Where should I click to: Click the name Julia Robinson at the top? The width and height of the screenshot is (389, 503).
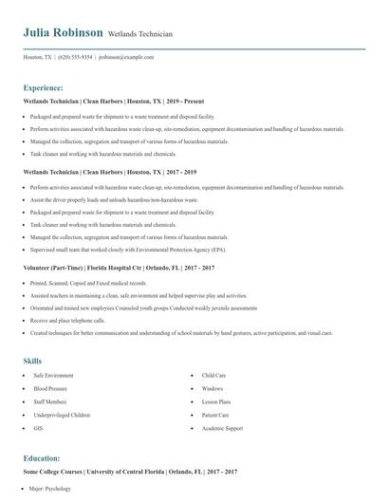[63, 32]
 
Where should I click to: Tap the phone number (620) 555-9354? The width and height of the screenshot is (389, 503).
[75, 57]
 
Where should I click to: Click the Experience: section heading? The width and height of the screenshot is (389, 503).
[43, 87]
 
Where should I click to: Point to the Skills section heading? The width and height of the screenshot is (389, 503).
[32, 361]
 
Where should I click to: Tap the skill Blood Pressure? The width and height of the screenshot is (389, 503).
[51, 388]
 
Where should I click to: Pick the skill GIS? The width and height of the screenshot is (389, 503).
[38, 428]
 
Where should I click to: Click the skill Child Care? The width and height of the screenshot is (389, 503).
[213, 376]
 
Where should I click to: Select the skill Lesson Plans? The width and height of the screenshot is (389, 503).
[217, 401]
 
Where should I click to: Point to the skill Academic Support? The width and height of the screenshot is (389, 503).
[222, 428]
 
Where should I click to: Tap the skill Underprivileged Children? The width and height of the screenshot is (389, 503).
[62, 415]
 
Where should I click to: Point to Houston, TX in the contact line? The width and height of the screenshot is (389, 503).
[38, 57]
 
